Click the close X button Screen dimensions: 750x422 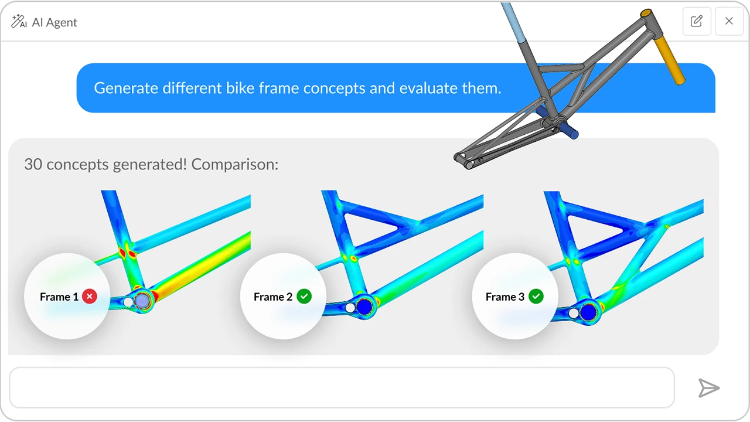tap(729, 21)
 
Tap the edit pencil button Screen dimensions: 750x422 tap(697, 21)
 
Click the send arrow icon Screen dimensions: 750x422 tap(709, 388)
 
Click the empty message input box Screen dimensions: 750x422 tap(342, 387)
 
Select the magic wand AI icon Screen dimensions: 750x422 tap(19, 22)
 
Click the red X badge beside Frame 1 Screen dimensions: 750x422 tap(90, 297)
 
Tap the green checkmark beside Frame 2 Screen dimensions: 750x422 tap(304, 297)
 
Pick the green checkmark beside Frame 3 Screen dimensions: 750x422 tap(536, 297)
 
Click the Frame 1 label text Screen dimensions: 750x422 tap(59, 297)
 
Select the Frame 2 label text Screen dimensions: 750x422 tap(273, 297)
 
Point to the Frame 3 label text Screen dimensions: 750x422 tap(505, 297)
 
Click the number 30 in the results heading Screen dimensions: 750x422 tap(33, 165)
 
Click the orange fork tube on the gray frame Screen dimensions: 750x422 tap(669, 60)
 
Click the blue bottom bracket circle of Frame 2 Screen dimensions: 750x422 tap(364, 307)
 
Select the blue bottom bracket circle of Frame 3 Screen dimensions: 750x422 tap(588, 312)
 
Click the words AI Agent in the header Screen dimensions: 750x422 tap(54, 22)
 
